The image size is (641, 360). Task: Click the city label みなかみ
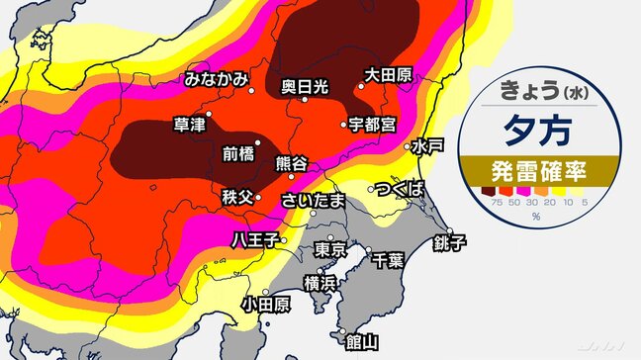pyautogui.click(x=215, y=78)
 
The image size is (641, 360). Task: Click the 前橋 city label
pyautogui.click(x=238, y=153)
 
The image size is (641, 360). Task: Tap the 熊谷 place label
pyautogui.click(x=292, y=162)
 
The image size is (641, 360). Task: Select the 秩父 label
pyautogui.click(x=238, y=197)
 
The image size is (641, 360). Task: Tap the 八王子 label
pyautogui.click(x=254, y=238)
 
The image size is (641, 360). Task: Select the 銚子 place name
pyautogui.click(x=447, y=241)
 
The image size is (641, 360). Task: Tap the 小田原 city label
pyautogui.click(x=264, y=303)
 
